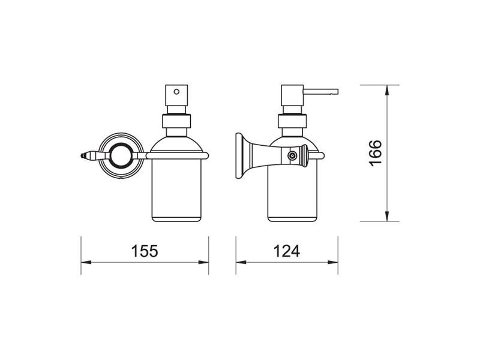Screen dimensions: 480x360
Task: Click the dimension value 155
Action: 145,251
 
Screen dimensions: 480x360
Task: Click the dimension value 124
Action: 287,251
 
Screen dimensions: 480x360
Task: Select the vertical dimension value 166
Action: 376,153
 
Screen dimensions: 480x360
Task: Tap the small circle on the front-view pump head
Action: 176,91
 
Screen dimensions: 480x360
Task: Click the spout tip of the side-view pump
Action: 338,92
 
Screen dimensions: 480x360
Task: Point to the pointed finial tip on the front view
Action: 82,155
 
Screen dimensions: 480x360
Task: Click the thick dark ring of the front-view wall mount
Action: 121,155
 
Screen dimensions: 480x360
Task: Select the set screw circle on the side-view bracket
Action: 292,156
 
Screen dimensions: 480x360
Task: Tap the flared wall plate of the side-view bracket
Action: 239,155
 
